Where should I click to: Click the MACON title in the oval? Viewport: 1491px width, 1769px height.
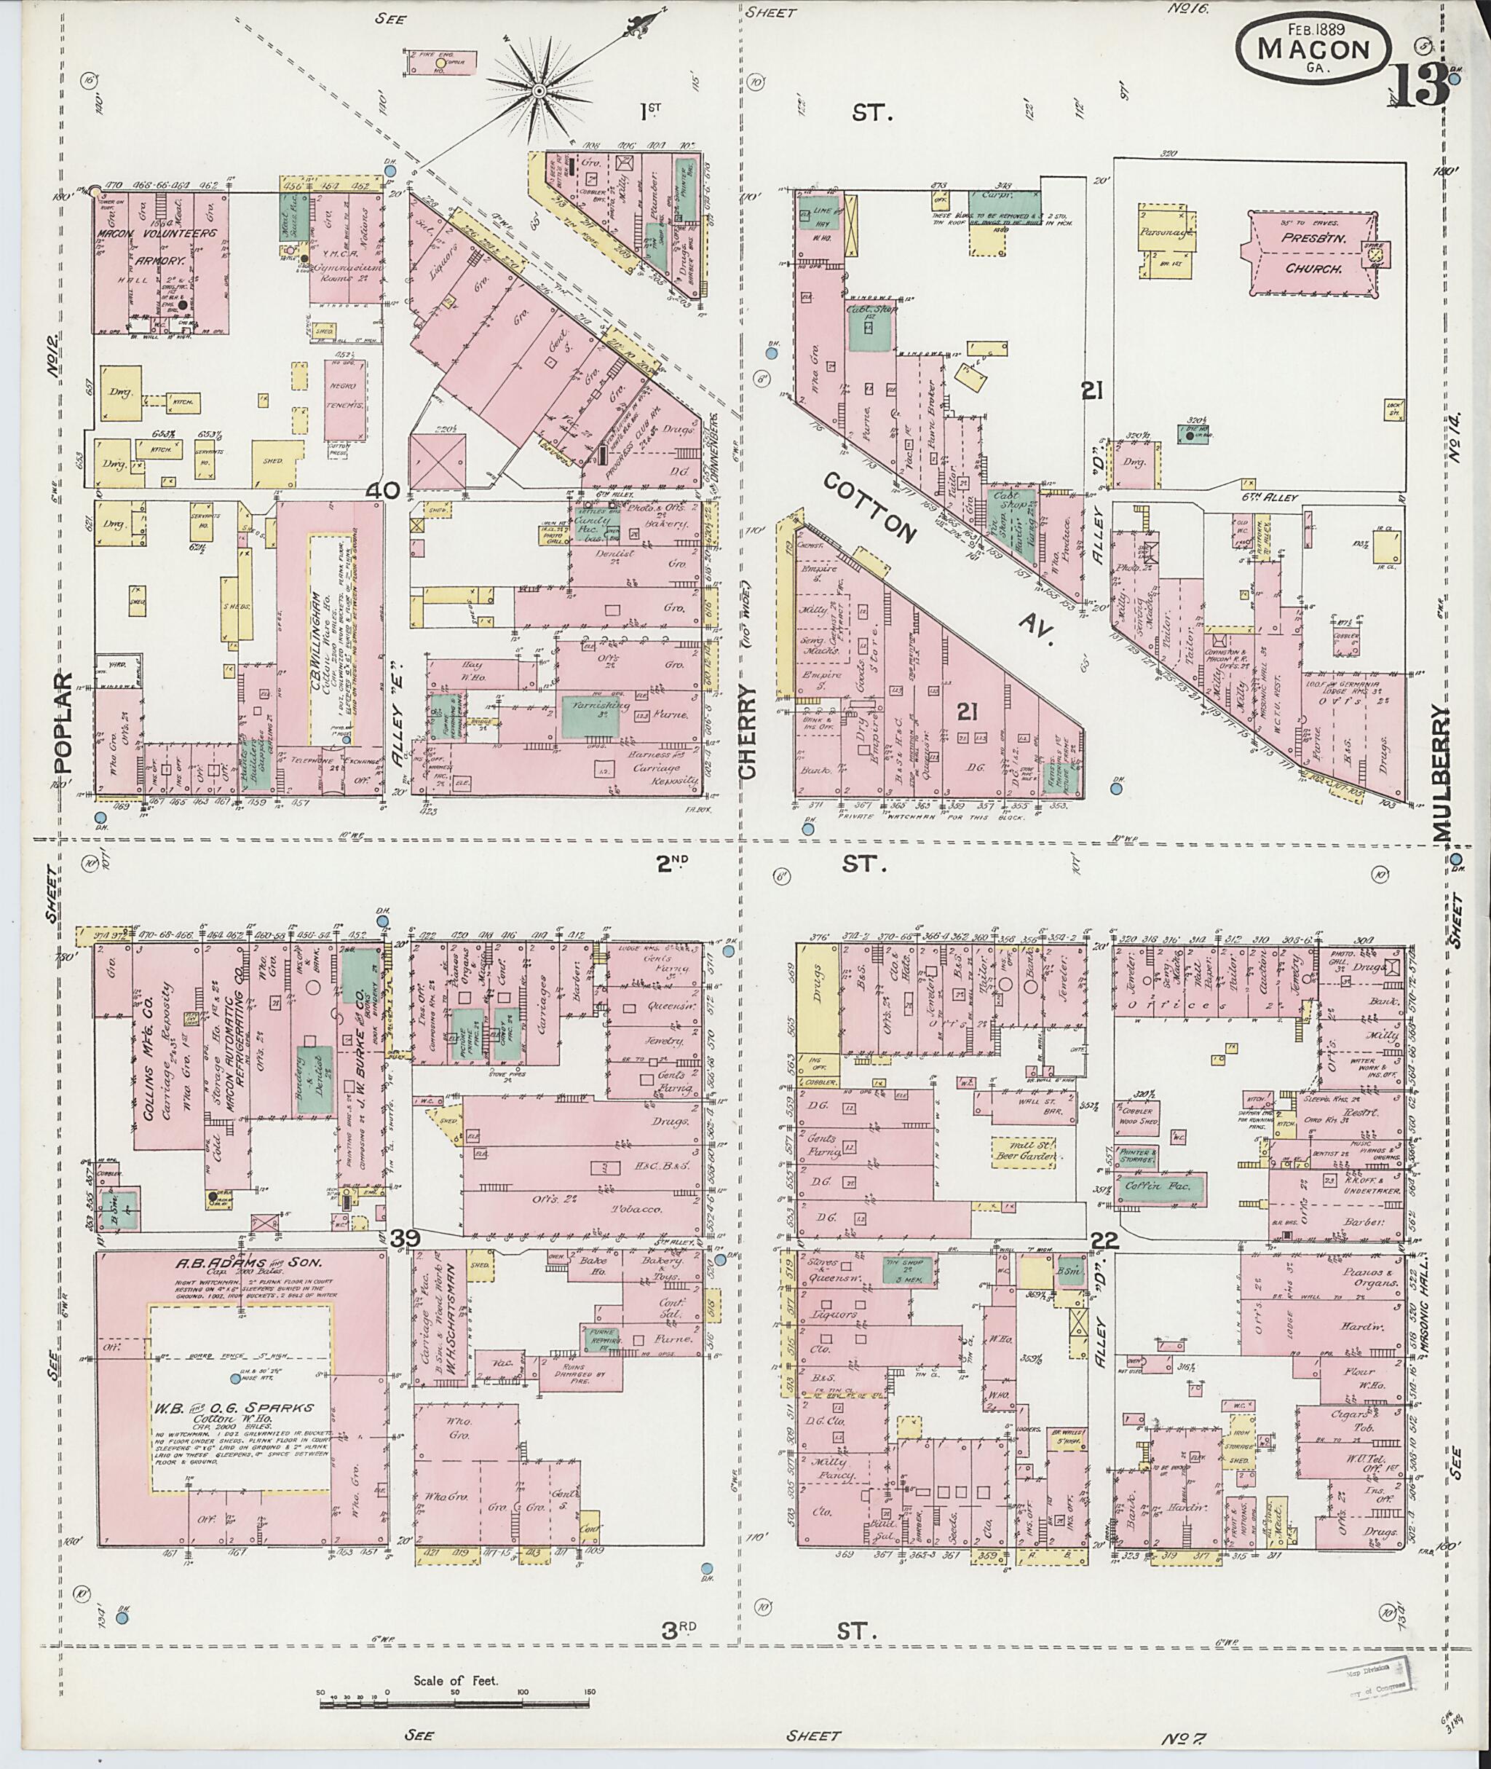point(1313,48)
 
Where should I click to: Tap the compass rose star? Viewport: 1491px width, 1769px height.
point(539,90)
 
